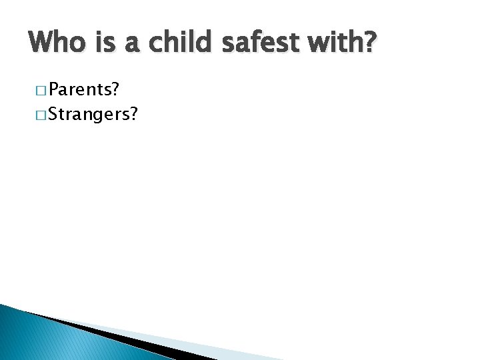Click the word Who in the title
click(57, 45)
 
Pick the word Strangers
click(85, 113)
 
